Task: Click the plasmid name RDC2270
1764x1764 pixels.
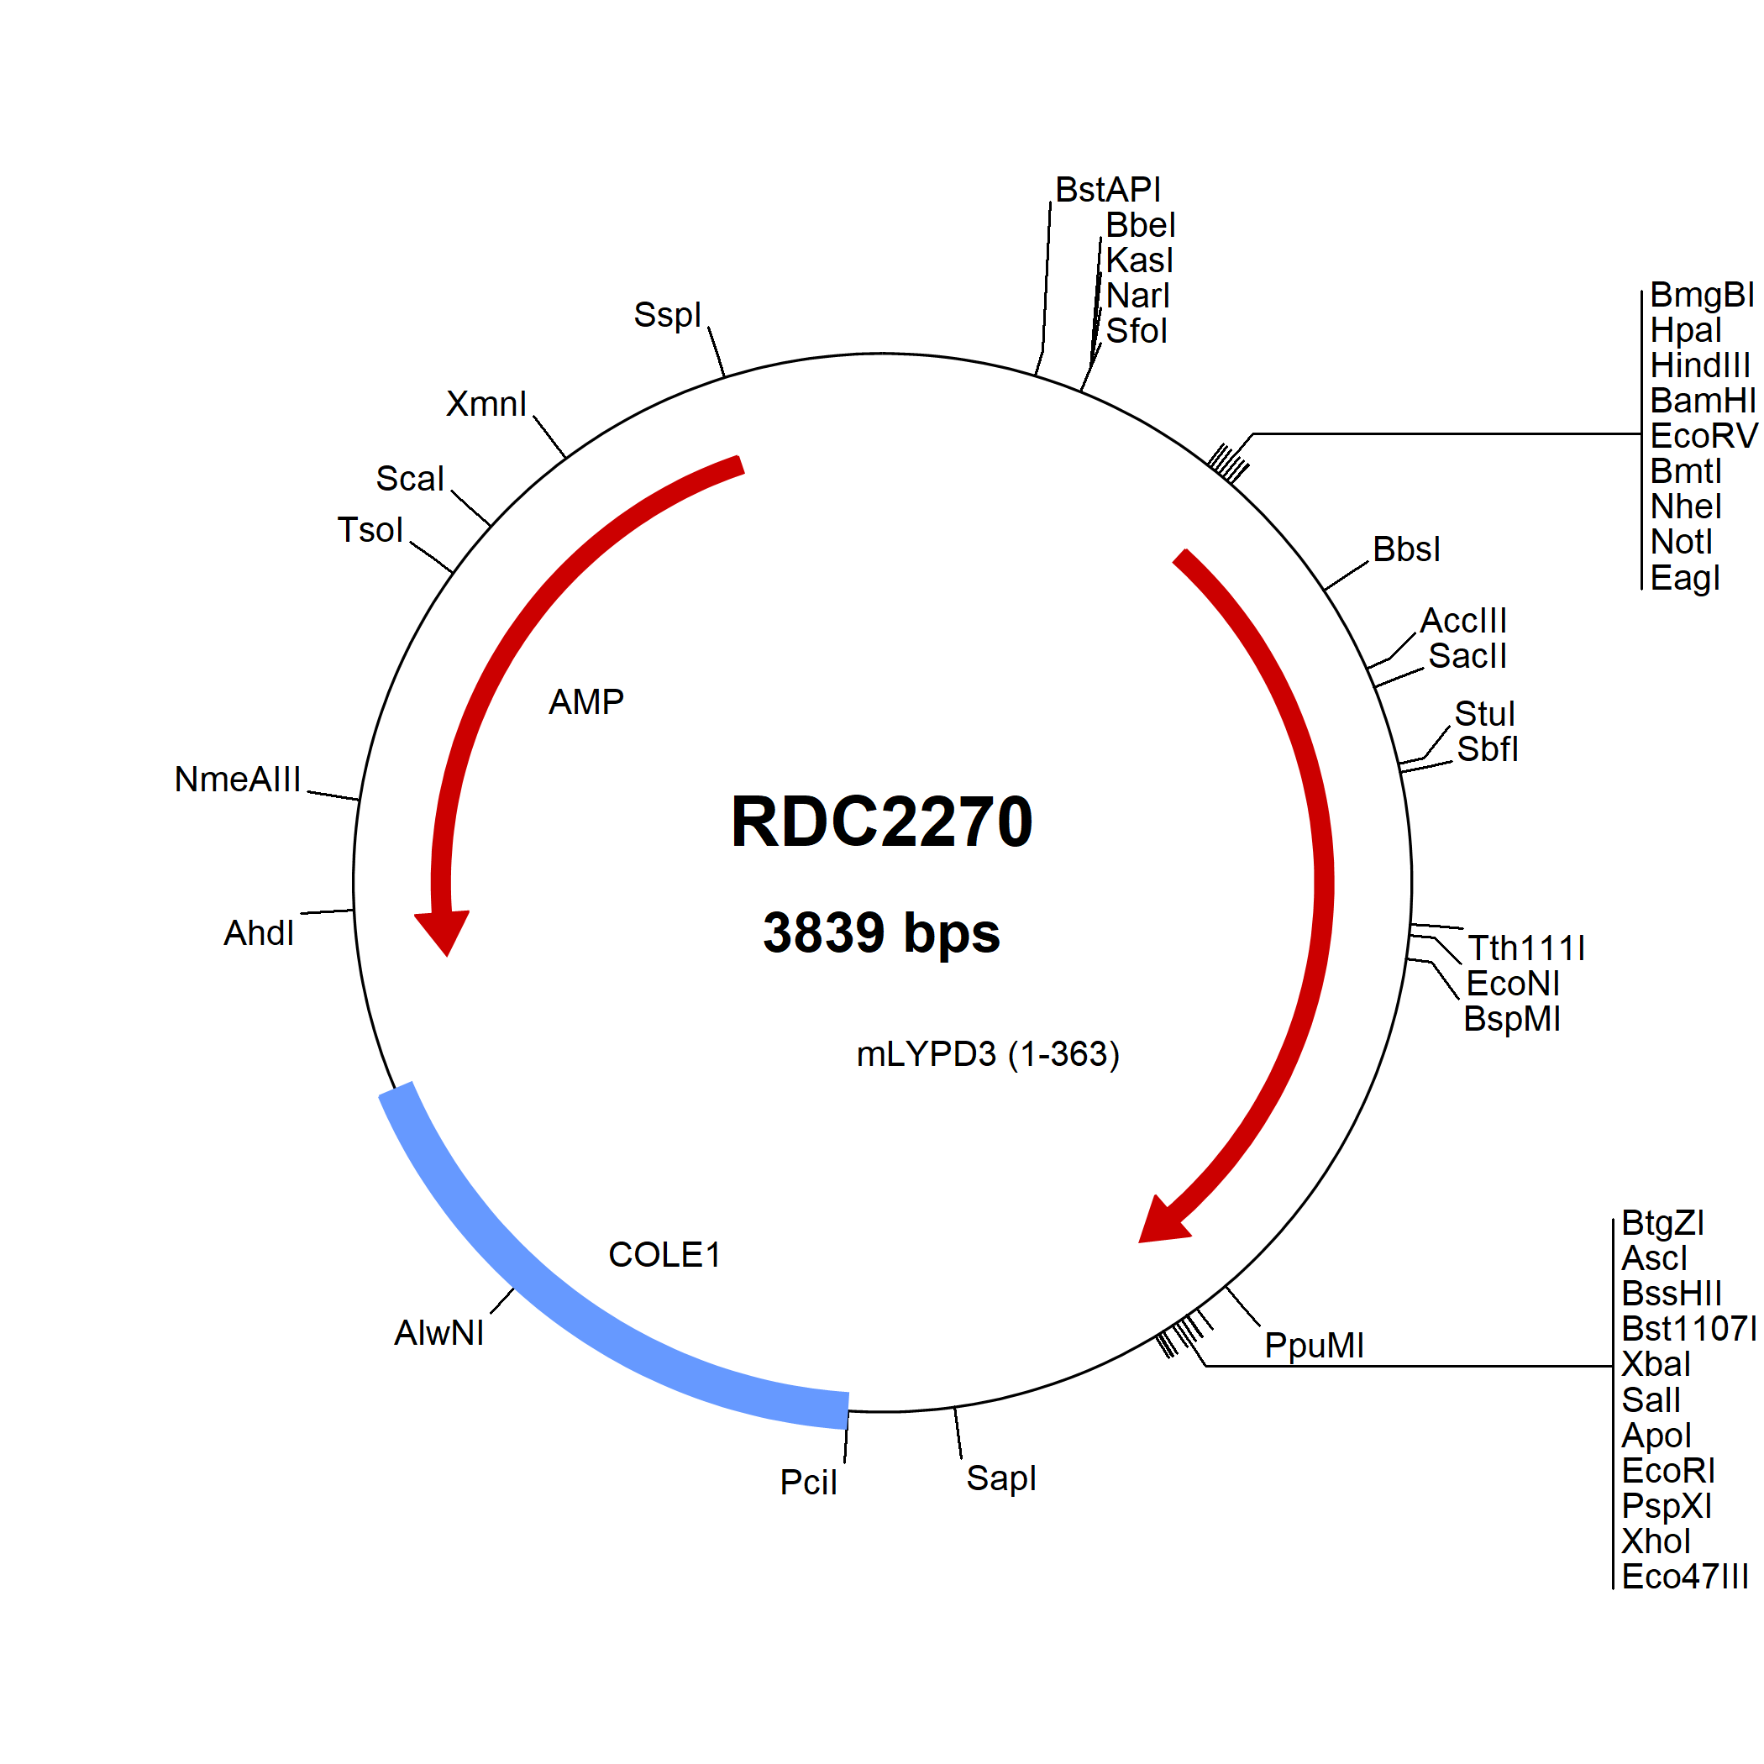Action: click(x=881, y=821)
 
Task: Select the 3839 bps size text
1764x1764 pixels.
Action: click(x=881, y=933)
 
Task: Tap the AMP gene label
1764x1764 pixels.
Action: click(x=586, y=702)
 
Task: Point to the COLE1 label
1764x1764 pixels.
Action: click(x=664, y=1254)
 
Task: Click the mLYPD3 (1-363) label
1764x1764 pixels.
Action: click(x=988, y=1054)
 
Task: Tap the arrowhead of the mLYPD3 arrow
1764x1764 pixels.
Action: click(x=1162, y=1221)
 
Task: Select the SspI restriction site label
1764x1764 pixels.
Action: click(x=668, y=315)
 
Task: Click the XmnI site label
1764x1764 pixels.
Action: click(x=486, y=403)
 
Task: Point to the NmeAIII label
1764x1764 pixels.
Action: click(x=238, y=780)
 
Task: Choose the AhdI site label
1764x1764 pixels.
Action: click(x=260, y=933)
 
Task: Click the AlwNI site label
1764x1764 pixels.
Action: click(x=439, y=1333)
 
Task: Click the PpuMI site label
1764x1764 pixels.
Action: click(x=1314, y=1345)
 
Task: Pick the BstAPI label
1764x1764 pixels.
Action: click(x=1107, y=190)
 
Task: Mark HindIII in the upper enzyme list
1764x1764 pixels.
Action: click(x=1700, y=365)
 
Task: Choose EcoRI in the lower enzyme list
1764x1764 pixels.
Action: click(x=1668, y=1471)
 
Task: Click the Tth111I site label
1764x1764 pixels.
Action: click(x=1525, y=948)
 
